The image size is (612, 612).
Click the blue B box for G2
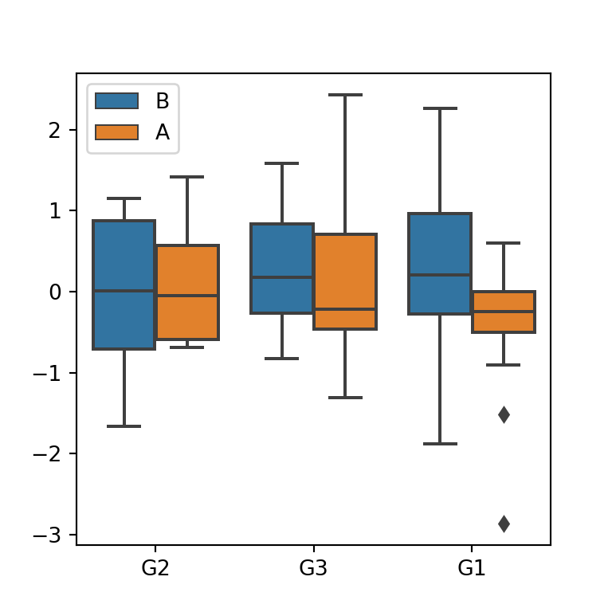pyautogui.click(x=124, y=284)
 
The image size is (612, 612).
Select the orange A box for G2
pyautogui.click(x=187, y=292)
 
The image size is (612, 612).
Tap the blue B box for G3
pyautogui.click(x=281, y=269)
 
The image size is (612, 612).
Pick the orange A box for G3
pyautogui.click(x=345, y=281)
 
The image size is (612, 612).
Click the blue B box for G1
pyautogui.click(x=439, y=264)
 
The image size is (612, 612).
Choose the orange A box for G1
pyautogui.click(x=503, y=312)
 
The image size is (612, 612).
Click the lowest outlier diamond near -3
pyautogui.click(x=504, y=524)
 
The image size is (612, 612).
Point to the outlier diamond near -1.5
pyautogui.click(x=504, y=414)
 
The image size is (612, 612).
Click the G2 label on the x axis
pyautogui.click(x=155, y=569)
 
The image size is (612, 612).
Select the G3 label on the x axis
pyautogui.click(x=313, y=569)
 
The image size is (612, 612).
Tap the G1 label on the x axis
pyautogui.click(x=471, y=569)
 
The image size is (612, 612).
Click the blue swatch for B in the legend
pyautogui.click(x=116, y=101)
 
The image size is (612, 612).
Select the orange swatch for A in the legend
pyautogui.click(x=116, y=132)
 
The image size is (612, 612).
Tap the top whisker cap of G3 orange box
pyautogui.click(x=345, y=95)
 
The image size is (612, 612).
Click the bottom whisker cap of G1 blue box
pyautogui.click(x=439, y=443)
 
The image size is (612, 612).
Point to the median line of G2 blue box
pyautogui.click(x=124, y=291)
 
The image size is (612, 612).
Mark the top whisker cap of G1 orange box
pyautogui.click(x=503, y=243)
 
